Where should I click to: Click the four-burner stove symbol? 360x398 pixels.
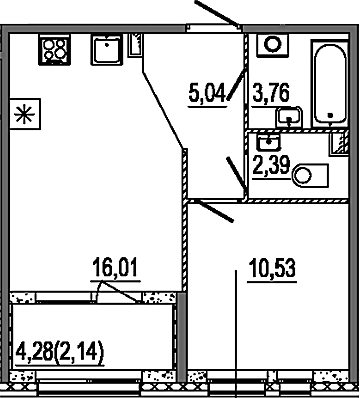[x=55, y=49]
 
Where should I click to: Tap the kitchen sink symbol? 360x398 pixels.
[x=107, y=49]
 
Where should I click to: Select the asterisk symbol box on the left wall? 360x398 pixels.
[x=25, y=114]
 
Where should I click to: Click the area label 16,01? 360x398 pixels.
[x=114, y=269]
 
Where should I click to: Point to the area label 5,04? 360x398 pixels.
[x=207, y=94]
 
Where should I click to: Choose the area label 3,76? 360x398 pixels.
[x=270, y=93]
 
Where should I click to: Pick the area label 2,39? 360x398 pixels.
[x=271, y=165]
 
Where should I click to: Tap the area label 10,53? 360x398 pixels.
[x=272, y=269]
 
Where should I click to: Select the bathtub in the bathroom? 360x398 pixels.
[x=330, y=83]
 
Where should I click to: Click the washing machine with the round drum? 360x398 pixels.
[x=272, y=45]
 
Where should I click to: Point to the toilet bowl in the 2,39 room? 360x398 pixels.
[x=310, y=175]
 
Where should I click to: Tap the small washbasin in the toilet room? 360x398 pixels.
[x=269, y=141]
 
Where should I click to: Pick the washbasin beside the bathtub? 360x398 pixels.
[x=289, y=116]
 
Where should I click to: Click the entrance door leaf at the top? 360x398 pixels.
[x=217, y=13]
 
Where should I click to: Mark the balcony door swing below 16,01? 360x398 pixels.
[x=117, y=292]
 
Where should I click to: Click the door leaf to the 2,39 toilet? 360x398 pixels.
[x=237, y=177]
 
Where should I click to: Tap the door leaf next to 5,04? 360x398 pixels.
[x=237, y=85]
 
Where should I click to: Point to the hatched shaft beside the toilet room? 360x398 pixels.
[x=339, y=144]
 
